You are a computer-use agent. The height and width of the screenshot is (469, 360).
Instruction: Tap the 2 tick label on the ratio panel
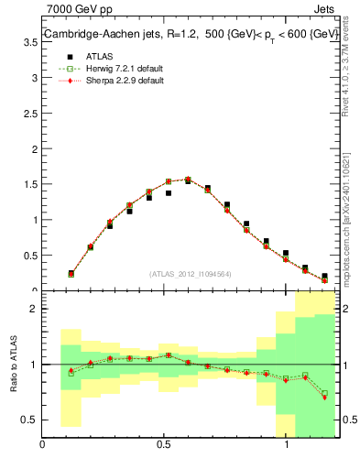33,310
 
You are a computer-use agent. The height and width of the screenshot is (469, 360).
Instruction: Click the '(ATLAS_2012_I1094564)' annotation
191,274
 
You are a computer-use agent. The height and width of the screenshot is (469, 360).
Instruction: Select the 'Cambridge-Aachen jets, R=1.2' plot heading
102,35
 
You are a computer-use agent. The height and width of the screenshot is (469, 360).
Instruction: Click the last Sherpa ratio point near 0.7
324,398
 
